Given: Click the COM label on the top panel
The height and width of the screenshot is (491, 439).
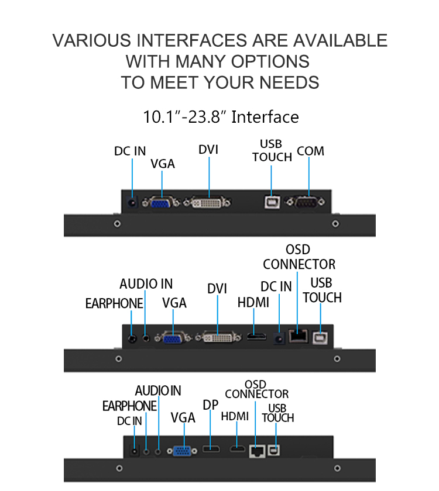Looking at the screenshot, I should tap(310, 151).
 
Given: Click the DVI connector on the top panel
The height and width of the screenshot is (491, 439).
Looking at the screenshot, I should tap(208, 203).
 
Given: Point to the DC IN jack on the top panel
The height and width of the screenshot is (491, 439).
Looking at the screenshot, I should tap(133, 203).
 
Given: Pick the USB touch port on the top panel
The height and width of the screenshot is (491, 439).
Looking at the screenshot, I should tap(271, 202).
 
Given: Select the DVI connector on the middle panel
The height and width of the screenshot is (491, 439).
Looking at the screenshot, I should tap(218, 337).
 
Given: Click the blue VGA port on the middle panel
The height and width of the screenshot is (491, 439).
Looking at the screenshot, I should tap(173, 337).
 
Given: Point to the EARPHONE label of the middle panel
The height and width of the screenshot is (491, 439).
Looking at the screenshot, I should tap(114, 303).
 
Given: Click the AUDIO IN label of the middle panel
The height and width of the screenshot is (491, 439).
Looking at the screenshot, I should tap(146, 284).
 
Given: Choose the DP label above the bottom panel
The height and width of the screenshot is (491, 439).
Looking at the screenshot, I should tap(210, 405).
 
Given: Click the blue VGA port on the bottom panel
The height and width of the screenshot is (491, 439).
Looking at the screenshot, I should tap(183, 451).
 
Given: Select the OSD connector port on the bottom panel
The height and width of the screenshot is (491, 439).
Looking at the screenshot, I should tap(256, 450).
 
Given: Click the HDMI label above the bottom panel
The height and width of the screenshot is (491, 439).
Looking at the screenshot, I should tap(235, 417).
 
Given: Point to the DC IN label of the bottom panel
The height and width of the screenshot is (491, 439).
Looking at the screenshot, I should tap(129, 421).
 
